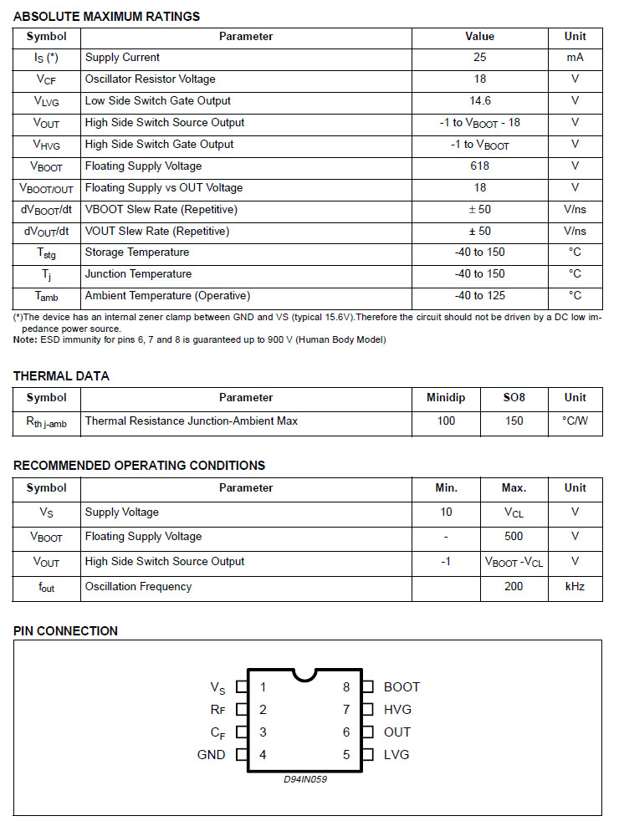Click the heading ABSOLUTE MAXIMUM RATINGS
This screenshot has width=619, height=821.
106,16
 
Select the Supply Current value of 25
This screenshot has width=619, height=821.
479,58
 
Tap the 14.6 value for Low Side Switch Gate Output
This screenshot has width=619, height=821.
479,101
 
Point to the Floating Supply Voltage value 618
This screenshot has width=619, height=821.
479,166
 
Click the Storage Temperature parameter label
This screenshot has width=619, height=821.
136,252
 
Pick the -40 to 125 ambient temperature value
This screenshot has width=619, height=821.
479,296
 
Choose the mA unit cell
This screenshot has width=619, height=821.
575,58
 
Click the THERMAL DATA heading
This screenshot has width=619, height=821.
61,376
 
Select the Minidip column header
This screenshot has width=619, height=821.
446,398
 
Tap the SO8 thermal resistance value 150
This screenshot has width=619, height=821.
514,421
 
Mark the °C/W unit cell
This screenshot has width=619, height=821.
575,421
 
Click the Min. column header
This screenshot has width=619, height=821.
446,488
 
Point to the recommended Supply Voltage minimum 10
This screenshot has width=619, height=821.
446,512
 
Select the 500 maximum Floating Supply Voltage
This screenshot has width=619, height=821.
514,537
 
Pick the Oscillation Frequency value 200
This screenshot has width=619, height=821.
514,587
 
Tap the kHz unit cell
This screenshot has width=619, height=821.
575,587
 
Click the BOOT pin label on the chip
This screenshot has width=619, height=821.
402,687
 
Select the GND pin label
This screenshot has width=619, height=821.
211,755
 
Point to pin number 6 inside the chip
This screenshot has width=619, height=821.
346,732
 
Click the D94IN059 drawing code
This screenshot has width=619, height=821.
304,780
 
